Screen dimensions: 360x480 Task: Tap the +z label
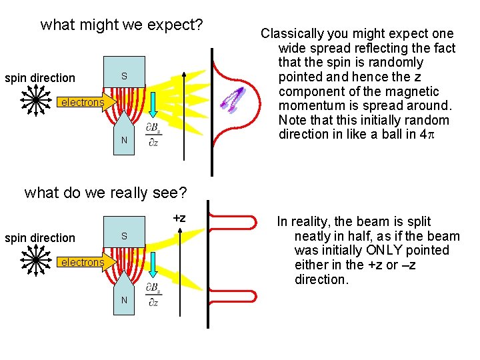[x=179, y=217]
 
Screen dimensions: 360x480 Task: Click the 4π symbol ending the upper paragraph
[x=443, y=135]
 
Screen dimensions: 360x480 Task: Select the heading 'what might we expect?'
[x=121, y=25]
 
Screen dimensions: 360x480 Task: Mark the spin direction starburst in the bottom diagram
[x=33, y=261]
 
